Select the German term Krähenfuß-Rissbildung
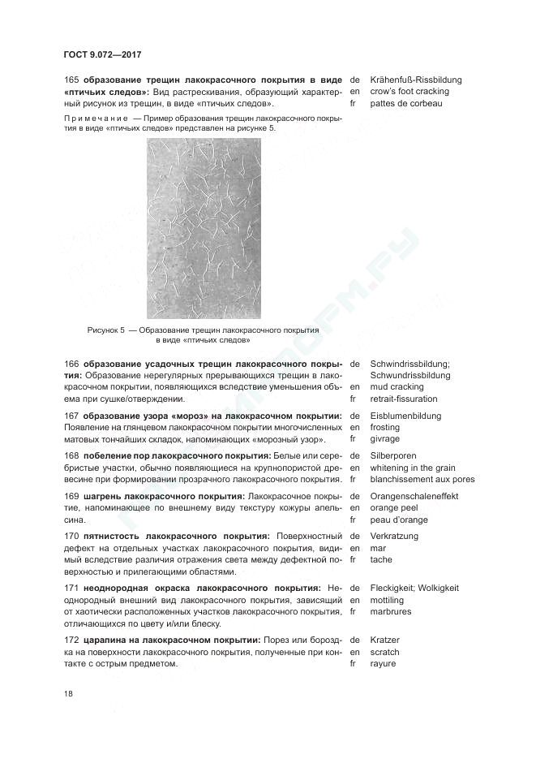[x=415, y=80]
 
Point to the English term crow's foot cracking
[x=409, y=92]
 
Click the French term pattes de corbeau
[x=406, y=104]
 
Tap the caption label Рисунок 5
[x=106, y=331]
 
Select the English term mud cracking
[x=397, y=387]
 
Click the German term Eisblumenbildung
[x=405, y=416]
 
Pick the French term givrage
[x=384, y=439]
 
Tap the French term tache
[x=380, y=559]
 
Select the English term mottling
[x=386, y=600]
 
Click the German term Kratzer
[x=385, y=640]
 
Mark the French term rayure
[x=383, y=663]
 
